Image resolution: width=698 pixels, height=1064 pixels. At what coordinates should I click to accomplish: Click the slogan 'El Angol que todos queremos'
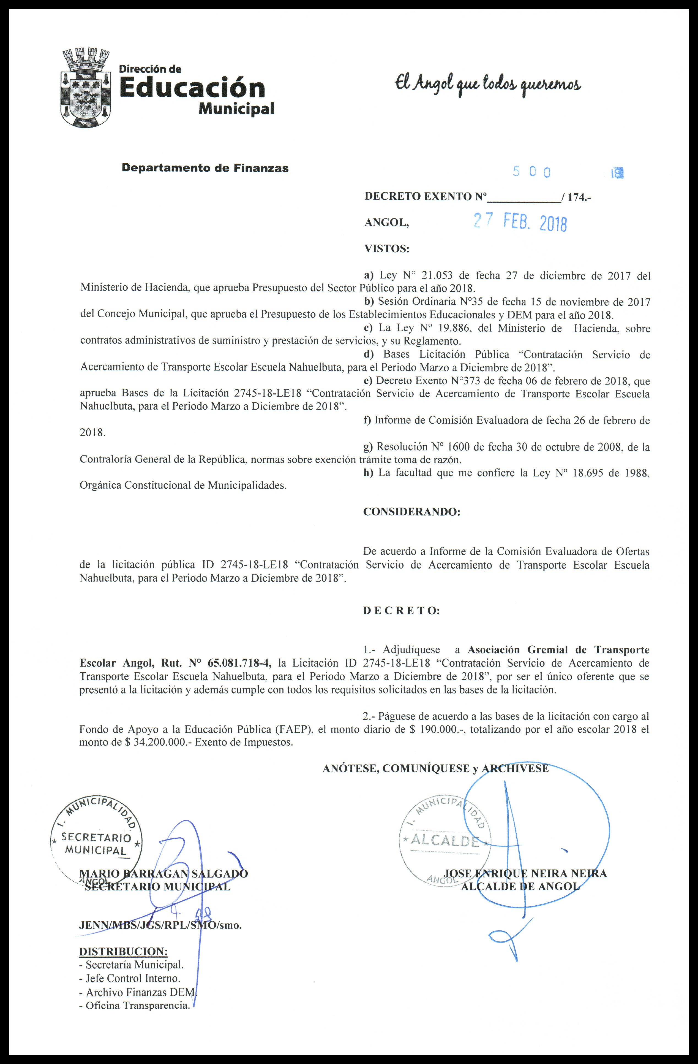pyautogui.click(x=487, y=84)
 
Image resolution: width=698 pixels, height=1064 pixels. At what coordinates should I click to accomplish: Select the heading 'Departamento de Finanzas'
pyautogui.click(x=205, y=168)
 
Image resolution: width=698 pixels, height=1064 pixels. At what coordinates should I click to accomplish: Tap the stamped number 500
pyautogui.click(x=531, y=172)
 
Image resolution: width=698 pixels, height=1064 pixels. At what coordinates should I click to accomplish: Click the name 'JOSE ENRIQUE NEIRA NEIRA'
pyautogui.click(x=525, y=873)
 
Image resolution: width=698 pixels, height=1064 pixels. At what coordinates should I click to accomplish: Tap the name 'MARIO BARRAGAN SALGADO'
pyautogui.click(x=163, y=873)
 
